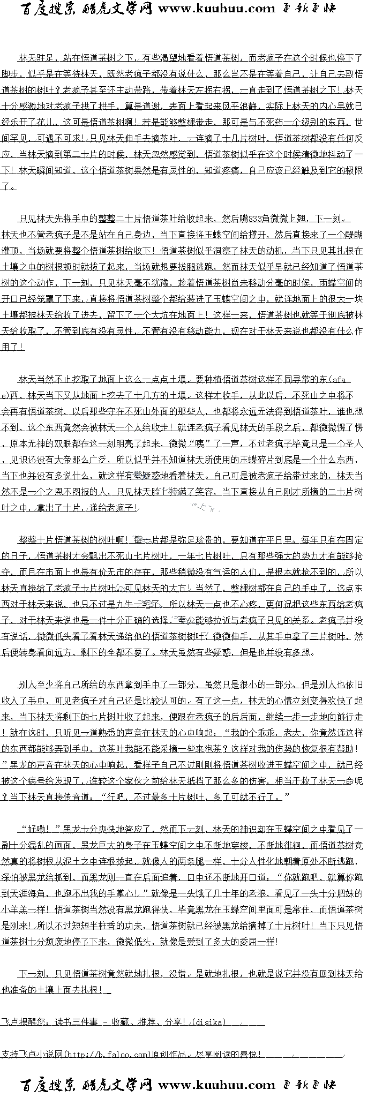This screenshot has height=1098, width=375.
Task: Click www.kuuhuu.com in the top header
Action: pos(216,9)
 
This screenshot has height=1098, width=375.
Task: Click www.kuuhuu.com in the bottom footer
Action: pos(216,1085)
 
